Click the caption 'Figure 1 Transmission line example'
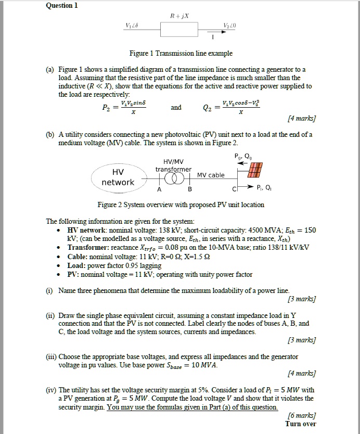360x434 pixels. click(181, 54)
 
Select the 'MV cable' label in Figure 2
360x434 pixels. click(210, 175)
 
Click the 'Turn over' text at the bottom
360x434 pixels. click(301, 424)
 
